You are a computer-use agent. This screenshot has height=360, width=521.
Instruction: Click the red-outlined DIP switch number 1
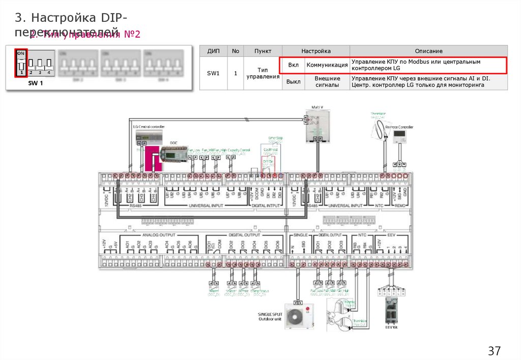(x=21, y=63)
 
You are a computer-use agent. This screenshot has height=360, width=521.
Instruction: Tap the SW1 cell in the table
(x=213, y=73)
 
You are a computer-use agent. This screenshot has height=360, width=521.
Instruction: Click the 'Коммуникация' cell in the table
(x=327, y=65)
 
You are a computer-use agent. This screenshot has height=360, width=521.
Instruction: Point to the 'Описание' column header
(x=428, y=51)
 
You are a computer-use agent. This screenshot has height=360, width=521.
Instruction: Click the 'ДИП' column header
(x=213, y=51)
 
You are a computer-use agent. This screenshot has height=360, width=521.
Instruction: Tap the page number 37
(x=494, y=351)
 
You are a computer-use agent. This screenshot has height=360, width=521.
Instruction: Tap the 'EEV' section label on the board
(x=392, y=235)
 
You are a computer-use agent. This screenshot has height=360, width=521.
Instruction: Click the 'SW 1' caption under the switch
(x=35, y=83)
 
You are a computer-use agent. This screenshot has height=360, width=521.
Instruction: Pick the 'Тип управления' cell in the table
(x=263, y=73)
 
